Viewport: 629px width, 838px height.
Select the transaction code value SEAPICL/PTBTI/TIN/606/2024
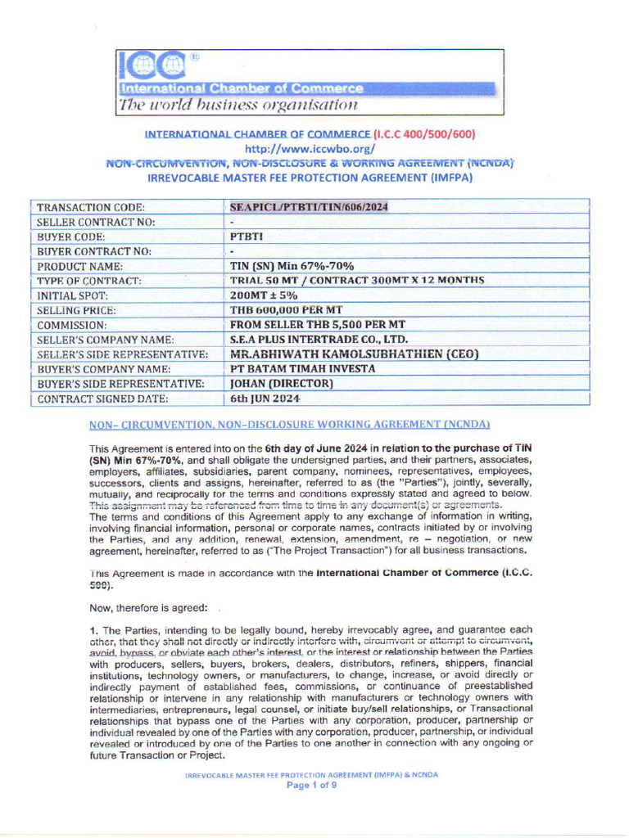[x=309, y=207]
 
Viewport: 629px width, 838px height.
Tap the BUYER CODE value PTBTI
[x=247, y=237]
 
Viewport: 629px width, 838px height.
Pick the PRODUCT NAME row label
[x=80, y=266]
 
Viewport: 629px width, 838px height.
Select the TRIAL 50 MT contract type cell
[x=356, y=281]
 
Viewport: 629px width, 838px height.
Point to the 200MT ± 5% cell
[x=264, y=295]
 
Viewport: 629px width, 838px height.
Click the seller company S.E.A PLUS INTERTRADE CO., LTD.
[x=319, y=340]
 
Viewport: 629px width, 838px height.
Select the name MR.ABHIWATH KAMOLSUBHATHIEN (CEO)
[x=354, y=354]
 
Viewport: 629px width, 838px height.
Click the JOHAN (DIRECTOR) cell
[x=282, y=384]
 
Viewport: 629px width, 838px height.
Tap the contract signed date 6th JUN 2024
[x=265, y=399]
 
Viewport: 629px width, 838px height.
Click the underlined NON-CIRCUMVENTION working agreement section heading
[x=289, y=425]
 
